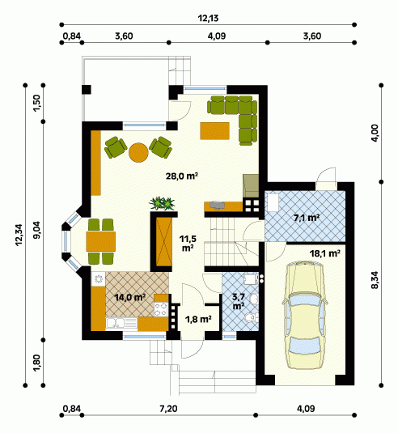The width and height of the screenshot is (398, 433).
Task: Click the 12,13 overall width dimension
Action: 209,19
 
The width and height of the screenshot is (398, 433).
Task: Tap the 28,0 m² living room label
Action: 182,176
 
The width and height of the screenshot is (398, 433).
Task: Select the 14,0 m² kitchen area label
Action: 129,297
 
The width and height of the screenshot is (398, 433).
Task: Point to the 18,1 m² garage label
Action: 324,253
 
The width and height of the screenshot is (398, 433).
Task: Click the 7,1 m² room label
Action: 307,218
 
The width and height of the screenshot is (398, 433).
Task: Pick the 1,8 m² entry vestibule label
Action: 198,320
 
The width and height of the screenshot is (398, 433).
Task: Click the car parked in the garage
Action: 305,315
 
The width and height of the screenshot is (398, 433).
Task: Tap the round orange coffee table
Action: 138,152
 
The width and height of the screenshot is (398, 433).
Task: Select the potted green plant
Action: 163,203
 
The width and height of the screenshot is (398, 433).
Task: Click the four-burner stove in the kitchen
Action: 161,309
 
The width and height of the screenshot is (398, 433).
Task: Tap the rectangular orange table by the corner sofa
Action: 215,131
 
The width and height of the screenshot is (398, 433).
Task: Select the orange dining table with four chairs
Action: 101,242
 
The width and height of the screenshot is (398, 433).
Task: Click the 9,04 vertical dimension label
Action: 37,231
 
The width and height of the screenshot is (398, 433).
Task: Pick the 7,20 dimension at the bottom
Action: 168,409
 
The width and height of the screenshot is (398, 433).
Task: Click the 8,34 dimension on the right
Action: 375,280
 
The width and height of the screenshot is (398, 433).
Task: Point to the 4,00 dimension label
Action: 375,134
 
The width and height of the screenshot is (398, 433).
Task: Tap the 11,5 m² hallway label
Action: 188,243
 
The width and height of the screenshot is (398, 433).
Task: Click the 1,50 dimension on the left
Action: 37,104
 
